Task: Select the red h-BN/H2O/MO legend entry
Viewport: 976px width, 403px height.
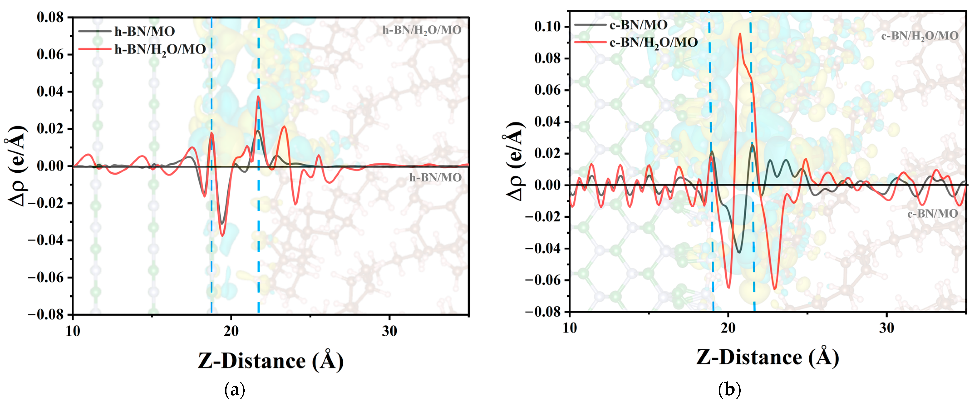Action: pyautogui.click(x=160, y=49)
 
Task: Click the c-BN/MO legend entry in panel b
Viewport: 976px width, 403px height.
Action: pyautogui.click(x=638, y=25)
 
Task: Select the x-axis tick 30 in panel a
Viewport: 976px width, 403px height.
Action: pyautogui.click(x=389, y=331)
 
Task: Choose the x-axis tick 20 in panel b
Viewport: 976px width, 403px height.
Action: pyautogui.click(x=728, y=328)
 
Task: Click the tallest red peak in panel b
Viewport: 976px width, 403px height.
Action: pyautogui.click(x=740, y=34)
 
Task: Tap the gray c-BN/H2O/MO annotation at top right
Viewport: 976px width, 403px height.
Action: pyautogui.click(x=920, y=36)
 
